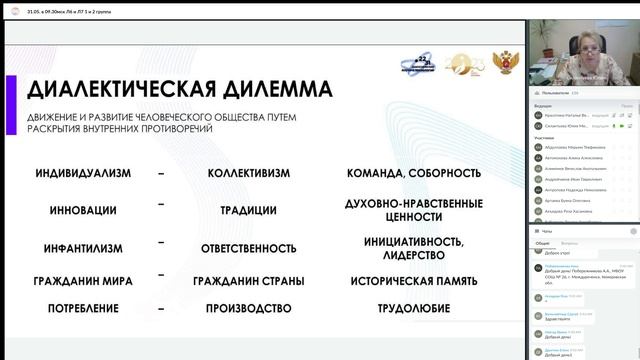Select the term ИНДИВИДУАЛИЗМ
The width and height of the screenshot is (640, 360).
click(x=84, y=173)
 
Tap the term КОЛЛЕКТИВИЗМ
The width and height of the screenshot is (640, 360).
click(x=249, y=173)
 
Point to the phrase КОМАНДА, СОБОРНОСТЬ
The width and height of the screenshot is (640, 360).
click(x=413, y=173)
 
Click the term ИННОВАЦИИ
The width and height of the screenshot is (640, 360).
click(x=84, y=211)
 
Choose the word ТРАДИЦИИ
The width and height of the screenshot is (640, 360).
click(x=249, y=211)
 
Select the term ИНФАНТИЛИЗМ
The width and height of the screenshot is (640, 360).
click(x=84, y=248)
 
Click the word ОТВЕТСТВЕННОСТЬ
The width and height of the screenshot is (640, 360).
click(x=249, y=248)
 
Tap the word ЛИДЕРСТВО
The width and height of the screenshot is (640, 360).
click(x=413, y=256)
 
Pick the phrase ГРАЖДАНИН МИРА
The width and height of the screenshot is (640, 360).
click(x=84, y=281)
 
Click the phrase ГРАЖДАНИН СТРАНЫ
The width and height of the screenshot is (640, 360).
click(x=249, y=281)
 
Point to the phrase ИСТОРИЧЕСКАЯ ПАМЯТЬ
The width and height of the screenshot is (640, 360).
click(x=413, y=281)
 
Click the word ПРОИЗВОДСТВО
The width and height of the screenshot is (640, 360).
click(x=249, y=308)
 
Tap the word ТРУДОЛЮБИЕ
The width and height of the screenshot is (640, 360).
click(x=413, y=308)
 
